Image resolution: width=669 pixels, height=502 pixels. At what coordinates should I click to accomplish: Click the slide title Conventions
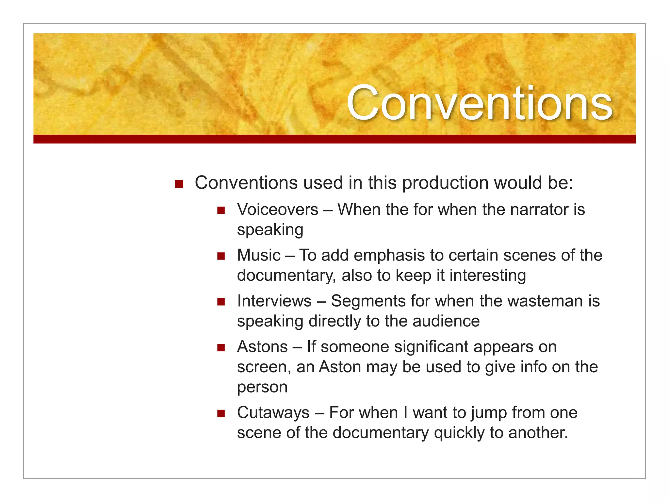click(x=479, y=103)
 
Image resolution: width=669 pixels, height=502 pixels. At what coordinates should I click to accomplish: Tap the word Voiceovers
click(x=278, y=209)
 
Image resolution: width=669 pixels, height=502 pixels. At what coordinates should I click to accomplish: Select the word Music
click(x=259, y=255)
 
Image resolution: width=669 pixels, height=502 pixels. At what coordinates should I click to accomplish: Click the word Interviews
click(x=274, y=301)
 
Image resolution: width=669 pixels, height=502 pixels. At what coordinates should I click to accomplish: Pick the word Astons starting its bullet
click(x=262, y=347)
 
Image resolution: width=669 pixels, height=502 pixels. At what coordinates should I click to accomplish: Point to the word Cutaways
click(x=273, y=412)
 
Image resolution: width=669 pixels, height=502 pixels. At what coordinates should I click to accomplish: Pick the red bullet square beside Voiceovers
click(x=221, y=210)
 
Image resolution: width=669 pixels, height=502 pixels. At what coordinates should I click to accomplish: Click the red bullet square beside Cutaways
click(x=221, y=414)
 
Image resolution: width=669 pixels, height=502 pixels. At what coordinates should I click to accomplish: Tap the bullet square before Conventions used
click(x=179, y=184)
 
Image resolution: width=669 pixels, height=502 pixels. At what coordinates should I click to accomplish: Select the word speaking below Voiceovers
click(x=270, y=230)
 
